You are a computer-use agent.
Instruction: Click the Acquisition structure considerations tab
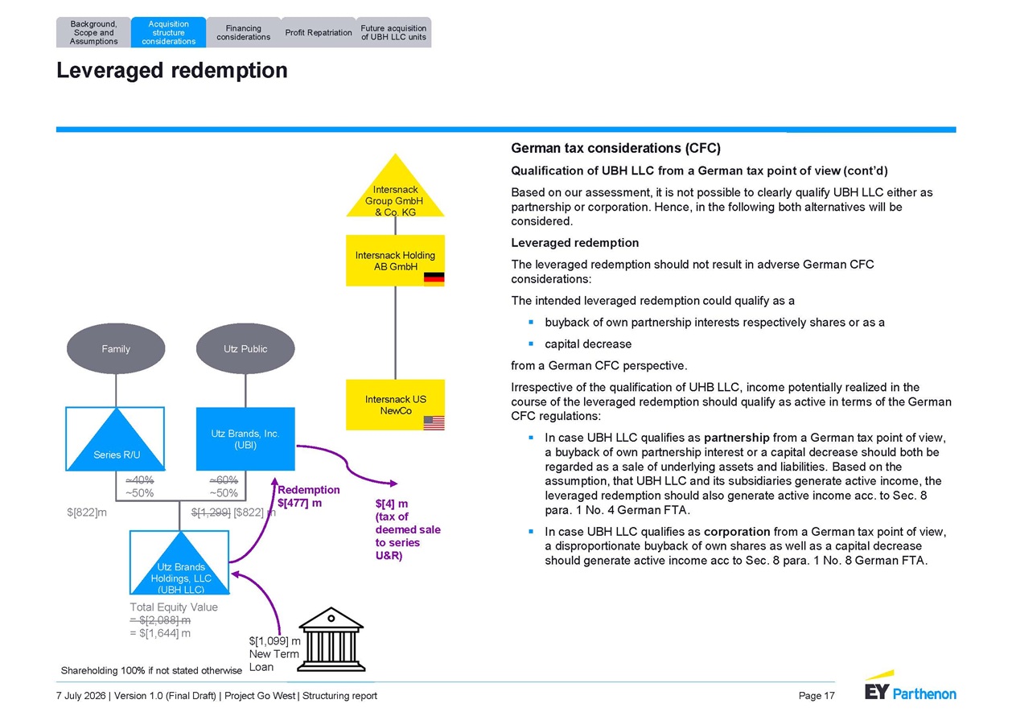(168, 32)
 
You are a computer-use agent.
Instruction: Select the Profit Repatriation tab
(318, 32)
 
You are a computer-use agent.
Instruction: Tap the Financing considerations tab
(243, 32)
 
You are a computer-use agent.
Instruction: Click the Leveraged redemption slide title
(171, 71)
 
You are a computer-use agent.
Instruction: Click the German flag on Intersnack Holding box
(434, 279)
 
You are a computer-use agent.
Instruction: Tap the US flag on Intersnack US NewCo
(434, 423)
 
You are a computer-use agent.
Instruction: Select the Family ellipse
(116, 348)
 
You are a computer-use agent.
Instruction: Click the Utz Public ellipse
(245, 348)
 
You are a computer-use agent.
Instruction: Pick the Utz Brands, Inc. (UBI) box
(245, 439)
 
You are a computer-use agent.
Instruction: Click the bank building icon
(331, 640)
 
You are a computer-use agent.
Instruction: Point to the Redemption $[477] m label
(309, 496)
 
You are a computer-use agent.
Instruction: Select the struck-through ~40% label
(140, 479)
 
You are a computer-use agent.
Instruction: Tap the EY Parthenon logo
(911, 687)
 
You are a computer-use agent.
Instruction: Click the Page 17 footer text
(817, 696)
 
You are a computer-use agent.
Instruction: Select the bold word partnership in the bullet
(736, 438)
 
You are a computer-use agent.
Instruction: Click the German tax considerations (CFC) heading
(615, 148)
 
